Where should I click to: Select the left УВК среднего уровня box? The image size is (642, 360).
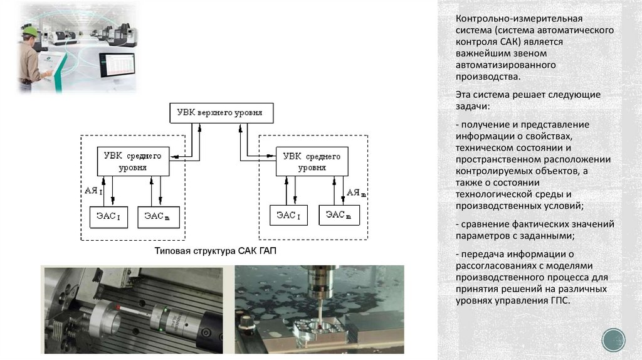pyautogui.click(x=132, y=161)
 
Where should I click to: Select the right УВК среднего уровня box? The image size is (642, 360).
pyautogui.click(x=312, y=161)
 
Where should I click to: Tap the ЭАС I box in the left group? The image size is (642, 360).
pyautogui.click(x=110, y=216)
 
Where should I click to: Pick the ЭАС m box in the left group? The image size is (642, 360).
pyautogui.click(x=159, y=216)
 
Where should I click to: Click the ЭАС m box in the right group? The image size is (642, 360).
pyautogui.click(x=339, y=216)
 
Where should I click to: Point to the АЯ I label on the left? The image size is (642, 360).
pyautogui.click(x=92, y=189)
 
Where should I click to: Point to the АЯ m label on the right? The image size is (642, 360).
pyautogui.click(x=356, y=192)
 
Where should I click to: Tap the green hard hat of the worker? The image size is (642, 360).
pyautogui.click(x=29, y=29)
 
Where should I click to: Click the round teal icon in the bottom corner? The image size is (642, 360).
pyautogui.click(x=613, y=339)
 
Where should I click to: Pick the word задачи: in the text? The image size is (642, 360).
pyautogui.click(x=471, y=105)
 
